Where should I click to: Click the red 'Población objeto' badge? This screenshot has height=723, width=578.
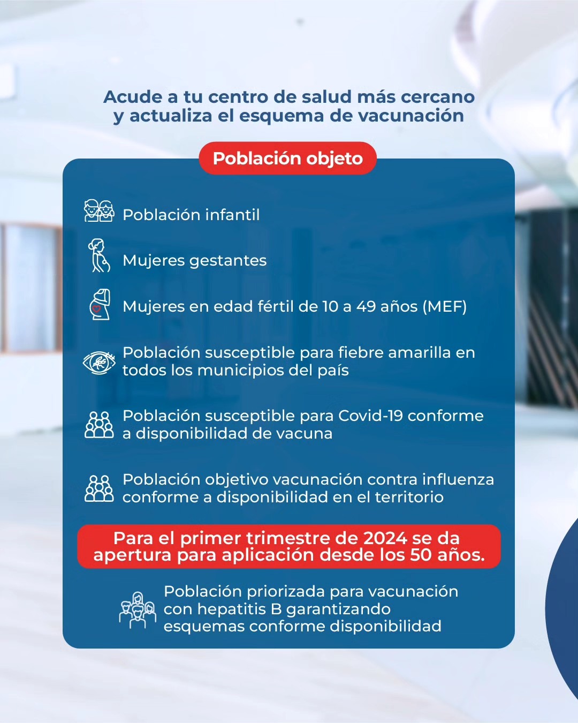pyautogui.click(x=287, y=158)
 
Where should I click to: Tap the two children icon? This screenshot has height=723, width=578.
pyautogui.click(x=99, y=210)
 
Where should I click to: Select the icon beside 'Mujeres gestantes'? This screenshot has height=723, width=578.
pyautogui.click(x=98, y=255)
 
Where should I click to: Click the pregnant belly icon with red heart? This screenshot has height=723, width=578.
pyautogui.click(x=100, y=304)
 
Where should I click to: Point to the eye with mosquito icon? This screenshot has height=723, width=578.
pyautogui.click(x=99, y=363)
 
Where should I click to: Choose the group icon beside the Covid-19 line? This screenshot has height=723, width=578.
pyautogui.click(x=99, y=425)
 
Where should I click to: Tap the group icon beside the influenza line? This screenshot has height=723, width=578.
pyautogui.click(x=99, y=488)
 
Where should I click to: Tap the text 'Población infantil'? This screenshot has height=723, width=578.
pyautogui.click(x=191, y=215)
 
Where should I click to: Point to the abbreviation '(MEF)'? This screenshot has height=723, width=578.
pyautogui.click(x=445, y=306)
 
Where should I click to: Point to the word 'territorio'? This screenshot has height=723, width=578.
pyautogui.click(x=409, y=497)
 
